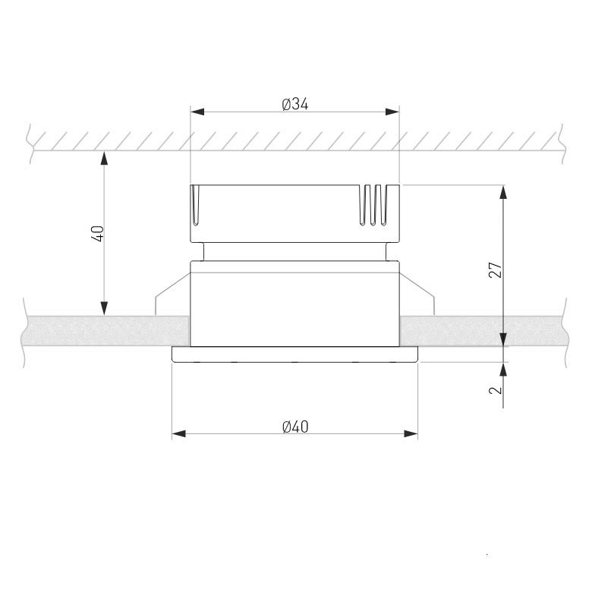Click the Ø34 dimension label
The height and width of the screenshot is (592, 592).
pos(295,104)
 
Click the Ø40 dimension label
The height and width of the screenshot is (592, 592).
pos(295,427)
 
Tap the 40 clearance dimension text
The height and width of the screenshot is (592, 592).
pos(97,233)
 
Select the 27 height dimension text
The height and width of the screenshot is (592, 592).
pos(496,269)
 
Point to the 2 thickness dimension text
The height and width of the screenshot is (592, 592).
pos(496,389)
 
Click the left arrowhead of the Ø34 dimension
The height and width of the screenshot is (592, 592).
pos(197,112)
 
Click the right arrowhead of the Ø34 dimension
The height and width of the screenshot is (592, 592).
pos(392,112)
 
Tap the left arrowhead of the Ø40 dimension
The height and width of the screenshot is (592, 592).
pos(179,434)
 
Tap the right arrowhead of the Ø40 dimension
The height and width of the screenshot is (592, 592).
pos(411,434)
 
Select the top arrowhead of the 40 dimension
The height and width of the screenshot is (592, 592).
pos(104,158)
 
